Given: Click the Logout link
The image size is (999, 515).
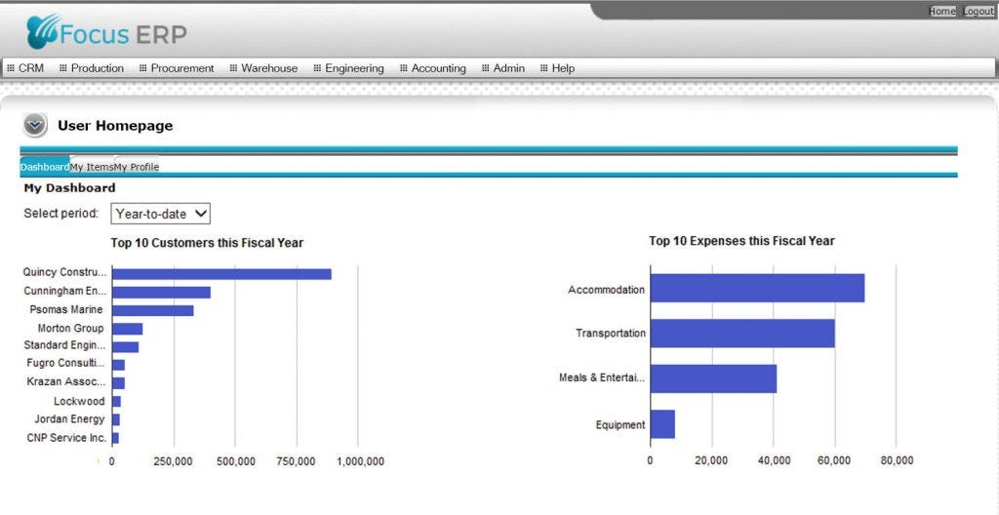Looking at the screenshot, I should (x=979, y=12).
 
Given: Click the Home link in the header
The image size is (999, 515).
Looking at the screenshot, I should (x=942, y=12).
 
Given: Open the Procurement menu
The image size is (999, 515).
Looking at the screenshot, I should (x=181, y=68).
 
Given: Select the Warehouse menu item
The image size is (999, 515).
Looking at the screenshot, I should (x=269, y=68).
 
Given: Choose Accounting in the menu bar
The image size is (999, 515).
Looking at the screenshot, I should (x=438, y=68).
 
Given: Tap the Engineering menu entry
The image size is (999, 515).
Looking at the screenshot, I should (x=354, y=68).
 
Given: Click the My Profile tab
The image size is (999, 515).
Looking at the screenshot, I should (x=137, y=167).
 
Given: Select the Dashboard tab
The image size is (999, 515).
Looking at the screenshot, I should (x=45, y=167).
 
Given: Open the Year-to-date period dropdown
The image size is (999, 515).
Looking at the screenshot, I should (x=161, y=214).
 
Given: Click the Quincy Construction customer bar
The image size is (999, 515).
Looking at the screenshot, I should (x=221, y=274).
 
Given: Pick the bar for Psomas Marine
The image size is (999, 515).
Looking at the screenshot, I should (x=153, y=310).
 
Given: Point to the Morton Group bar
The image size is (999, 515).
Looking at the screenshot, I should (x=128, y=329).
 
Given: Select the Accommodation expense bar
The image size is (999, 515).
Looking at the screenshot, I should (x=757, y=289).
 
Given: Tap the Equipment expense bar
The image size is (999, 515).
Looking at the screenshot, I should (x=662, y=424).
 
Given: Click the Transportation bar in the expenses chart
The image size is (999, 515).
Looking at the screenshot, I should (x=742, y=334).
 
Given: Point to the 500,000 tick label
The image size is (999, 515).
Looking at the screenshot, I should (x=235, y=461).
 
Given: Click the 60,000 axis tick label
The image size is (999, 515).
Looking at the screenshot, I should (x=834, y=460).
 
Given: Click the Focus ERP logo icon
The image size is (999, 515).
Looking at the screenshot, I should (x=44, y=32).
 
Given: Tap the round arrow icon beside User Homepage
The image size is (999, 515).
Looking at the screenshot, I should (x=35, y=125).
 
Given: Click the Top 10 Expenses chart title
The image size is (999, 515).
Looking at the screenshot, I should (x=741, y=241).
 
